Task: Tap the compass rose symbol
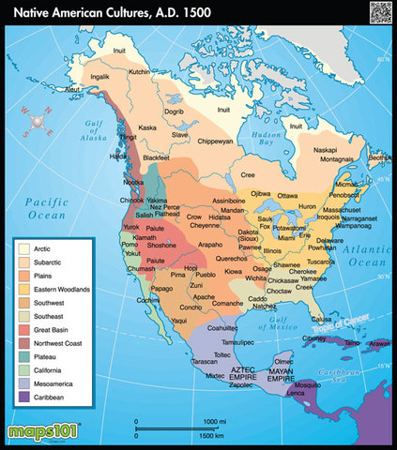pos(38,121)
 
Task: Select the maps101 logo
pos(46,433)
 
